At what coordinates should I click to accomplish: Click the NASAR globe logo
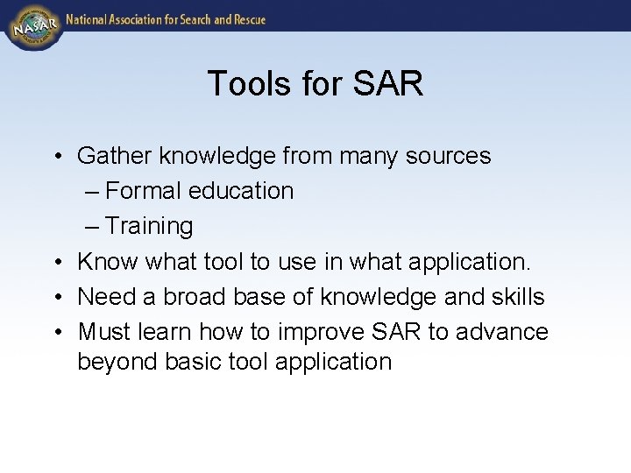tap(33, 25)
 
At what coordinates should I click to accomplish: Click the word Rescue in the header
tap(246, 19)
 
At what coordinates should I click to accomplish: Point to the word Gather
tap(114, 156)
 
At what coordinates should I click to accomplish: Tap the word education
tap(243, 191)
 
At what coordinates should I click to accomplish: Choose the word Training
tap(149, 226)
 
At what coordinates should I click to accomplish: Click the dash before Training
tap(93, 226)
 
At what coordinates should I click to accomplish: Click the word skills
tap(517, 297)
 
